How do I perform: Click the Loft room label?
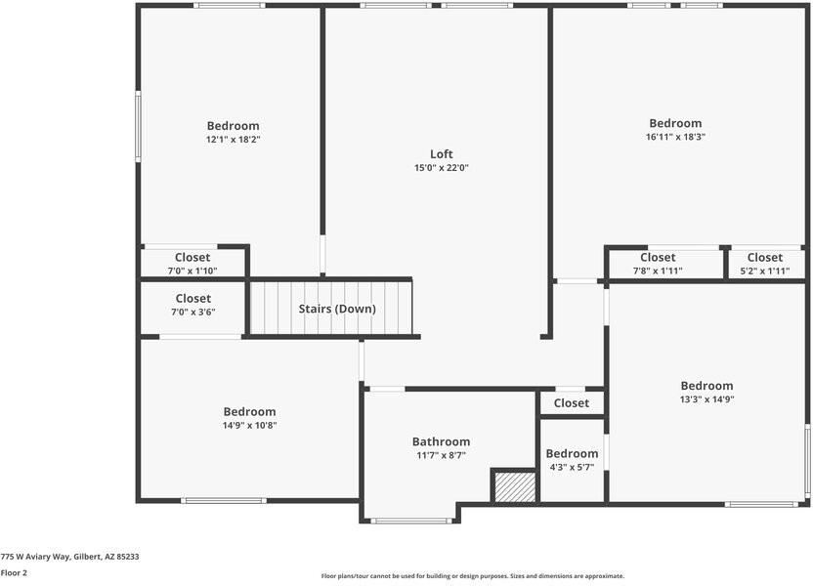click(442, 153)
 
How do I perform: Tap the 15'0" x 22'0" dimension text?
click(442, 168)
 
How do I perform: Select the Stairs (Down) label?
click(337, 309)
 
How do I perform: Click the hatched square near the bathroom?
click(513, 486)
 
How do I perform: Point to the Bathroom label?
click(441, 441)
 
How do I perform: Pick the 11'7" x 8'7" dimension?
click(441, 455)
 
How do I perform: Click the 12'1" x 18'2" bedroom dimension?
click(233, 140)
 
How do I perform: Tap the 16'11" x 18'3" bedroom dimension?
click(675, 138)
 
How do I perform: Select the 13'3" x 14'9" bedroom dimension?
click(706, 399)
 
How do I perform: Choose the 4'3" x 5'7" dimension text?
click(572, 467)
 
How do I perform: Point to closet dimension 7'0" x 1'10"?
click(193, 271)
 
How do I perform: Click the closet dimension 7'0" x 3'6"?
click(193, 313)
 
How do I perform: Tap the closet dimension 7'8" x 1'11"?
click(658, 271)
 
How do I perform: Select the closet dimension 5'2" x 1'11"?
click(764, 271)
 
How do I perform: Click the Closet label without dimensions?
click(572, 403)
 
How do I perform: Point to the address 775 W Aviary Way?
click(69, 556)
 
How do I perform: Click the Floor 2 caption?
click(14, 572)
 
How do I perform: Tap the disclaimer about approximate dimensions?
click(472, 576)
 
